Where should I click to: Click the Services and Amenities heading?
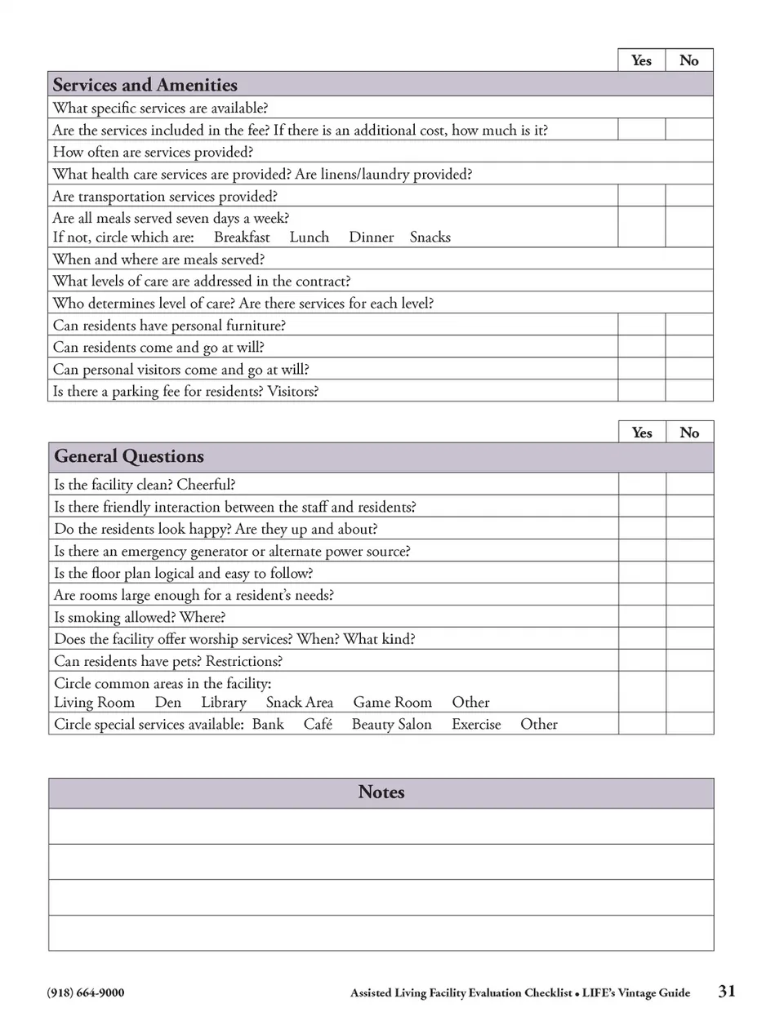(145, 85)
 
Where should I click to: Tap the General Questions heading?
(129, 456)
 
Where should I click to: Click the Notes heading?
(381, 792)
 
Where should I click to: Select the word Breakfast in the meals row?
(242, 237)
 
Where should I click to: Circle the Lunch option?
(310, 237)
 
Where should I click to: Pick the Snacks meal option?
(430, 237)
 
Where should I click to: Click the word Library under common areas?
(224, 703)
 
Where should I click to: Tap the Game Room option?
(393, 703)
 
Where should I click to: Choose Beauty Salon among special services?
(392, 725)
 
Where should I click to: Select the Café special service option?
(318, 725)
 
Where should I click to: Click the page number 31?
(727, 991)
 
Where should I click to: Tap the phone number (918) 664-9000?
(86, 992)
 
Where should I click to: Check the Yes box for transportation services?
(642, 196)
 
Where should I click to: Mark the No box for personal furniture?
(689, 325)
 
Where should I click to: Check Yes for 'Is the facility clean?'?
(643, 484)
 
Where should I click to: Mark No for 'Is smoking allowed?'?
(690, 617)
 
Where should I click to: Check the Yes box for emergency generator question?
(643, 551)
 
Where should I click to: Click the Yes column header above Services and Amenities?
(642, 60)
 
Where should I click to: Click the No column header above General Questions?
(690, 433)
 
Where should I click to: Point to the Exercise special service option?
(476, 725)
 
